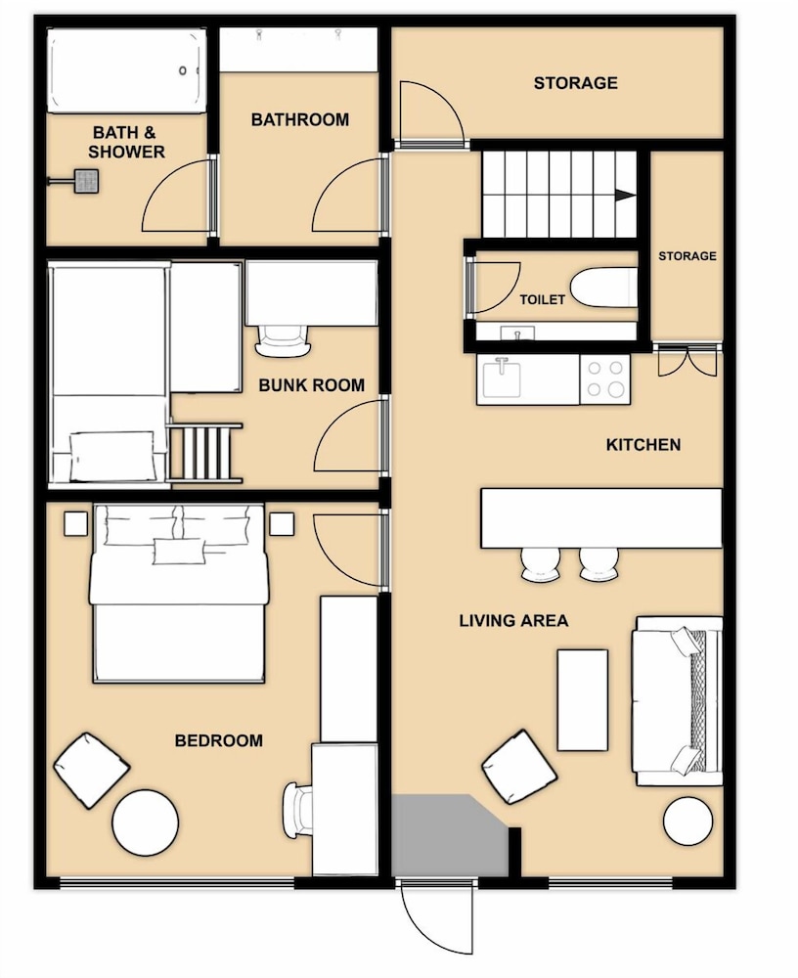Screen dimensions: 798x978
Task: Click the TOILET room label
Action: (542, 299)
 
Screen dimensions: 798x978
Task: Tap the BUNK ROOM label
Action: (311, 384)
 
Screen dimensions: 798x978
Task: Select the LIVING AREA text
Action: (513, 621)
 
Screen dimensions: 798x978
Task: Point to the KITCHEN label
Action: (643, 445)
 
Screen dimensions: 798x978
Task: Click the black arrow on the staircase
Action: (621, 195)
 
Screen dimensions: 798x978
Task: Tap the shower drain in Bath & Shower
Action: (86, 181)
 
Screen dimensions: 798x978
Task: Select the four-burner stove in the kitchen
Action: (605, 379)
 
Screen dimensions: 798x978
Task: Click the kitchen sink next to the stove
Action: (502, 378)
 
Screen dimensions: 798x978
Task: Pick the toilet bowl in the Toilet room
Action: (603, 289)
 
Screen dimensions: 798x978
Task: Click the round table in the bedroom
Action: (146, 822)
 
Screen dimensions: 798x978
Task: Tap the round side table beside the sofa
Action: (688, 821)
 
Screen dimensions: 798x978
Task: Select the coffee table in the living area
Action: (582, 699)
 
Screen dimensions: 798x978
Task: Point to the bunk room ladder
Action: (204, 452)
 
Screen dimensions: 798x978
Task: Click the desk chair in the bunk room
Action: (284, 340)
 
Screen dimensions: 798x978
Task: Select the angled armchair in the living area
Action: (519, 767)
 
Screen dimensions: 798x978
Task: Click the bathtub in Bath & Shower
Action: (127, 70)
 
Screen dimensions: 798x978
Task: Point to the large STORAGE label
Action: (575, 83)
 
